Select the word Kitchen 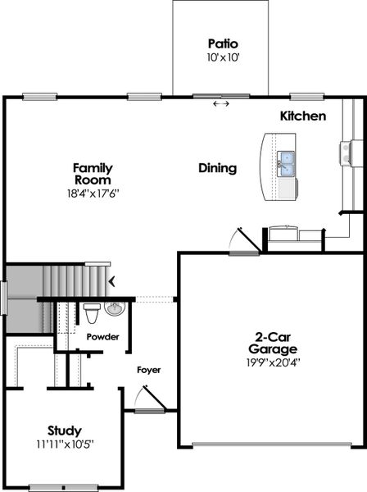303,116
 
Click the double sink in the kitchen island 287,164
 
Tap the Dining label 217,168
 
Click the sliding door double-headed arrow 220,104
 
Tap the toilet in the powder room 92,312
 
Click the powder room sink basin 114,309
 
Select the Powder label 102,337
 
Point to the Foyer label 148,370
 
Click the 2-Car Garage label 274,341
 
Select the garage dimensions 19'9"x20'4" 274,362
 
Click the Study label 64,430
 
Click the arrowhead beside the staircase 111,281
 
